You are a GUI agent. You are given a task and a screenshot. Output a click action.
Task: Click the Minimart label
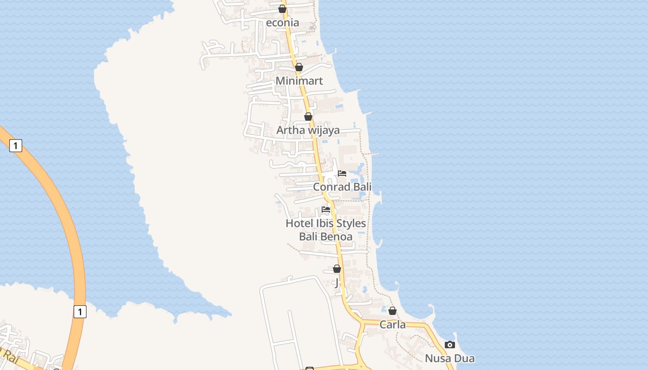pos(299,81)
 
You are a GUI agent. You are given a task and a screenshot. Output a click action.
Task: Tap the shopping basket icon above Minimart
pos(299,68)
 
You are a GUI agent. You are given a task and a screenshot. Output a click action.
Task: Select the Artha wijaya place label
pos(308,130)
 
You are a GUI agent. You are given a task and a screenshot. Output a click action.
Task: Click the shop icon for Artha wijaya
pos(308,117)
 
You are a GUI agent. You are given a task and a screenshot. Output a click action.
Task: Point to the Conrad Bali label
pos(342,187)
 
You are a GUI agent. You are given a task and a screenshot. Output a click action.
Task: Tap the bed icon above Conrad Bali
pos(342,173)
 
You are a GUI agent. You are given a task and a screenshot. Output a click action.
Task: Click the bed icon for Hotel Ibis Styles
pos(326,210)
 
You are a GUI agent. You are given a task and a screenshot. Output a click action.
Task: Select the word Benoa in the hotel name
pos(337,237)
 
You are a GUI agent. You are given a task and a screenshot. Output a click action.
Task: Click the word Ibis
pos(326,223)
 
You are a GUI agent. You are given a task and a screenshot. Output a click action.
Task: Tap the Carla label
pos(393,325)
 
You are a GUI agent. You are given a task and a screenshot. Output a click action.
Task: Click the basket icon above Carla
pos(393,311)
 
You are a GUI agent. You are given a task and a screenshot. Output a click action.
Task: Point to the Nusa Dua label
pos(449,358)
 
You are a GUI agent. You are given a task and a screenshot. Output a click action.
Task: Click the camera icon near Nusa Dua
pos(449,345)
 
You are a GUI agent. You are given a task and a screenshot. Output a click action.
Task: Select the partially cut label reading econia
pos(282,23)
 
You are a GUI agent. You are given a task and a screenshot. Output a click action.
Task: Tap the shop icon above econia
pos(282,9)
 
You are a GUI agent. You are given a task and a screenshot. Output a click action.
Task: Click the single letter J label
pos(337,282)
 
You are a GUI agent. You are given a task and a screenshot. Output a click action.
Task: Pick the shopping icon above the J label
pos(337,269)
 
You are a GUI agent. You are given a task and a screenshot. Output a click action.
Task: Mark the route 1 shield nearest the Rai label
pos(80,312)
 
